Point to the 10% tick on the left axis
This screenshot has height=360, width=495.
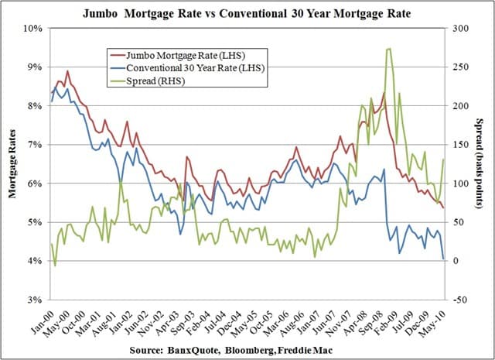pos(32,28)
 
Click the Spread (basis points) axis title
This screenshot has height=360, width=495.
pos(480,163)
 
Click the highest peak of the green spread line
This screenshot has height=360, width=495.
pos(388,49)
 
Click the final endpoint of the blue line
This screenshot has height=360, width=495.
pos(443,259)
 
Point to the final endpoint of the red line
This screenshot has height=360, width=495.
pos(443,207)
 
